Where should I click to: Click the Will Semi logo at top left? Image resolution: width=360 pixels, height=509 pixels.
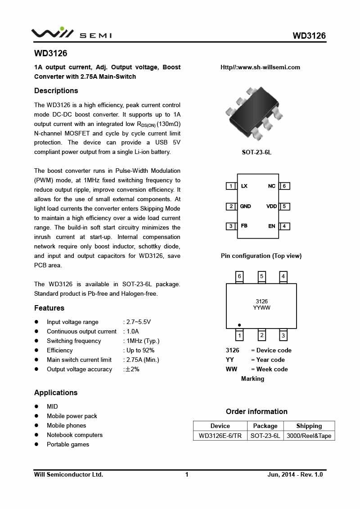pyautogui.click(x=71, y=34)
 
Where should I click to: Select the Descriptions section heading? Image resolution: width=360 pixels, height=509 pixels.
pyautogui.click(x=56, y=91)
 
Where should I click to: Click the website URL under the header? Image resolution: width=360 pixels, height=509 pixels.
pyautogui.click(x=260, y=68)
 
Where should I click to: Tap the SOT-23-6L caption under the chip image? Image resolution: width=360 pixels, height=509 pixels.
pyautogui.click(x=256, y=152)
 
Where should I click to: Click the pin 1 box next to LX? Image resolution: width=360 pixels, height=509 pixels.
pyautogui.click(x=231, y=186)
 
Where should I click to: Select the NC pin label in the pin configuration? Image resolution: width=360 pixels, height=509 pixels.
pyautogui.click(x=272, y=186)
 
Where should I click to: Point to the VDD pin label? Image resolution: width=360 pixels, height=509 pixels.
pyautogui.click(x=271, y=206)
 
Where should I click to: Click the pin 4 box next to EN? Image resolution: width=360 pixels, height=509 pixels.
pyautogui.click(x=284, y=226)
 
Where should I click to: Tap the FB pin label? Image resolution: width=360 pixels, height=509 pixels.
pyautogui.click(x=244, y=225)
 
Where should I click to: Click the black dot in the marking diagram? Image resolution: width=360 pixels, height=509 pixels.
pyautogui.click(x=239, y=324)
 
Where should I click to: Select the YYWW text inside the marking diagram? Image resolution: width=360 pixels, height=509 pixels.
pyautogui.click(x=261, y=308)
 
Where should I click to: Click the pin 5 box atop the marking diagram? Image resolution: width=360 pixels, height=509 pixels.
pyautogui.click(x=261, y=276)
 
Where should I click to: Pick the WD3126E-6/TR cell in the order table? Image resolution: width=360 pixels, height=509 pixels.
pyautogui.click(x=220, y=436)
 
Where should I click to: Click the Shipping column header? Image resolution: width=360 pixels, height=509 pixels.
pyautogui.click(x=309, y=426)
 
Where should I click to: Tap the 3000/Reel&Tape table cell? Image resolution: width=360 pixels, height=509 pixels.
pyautogui.click(x=309, y=436)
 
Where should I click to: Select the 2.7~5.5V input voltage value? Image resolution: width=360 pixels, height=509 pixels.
pyautogui.click(x=137, y=322)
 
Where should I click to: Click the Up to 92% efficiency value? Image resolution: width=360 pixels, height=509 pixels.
pyautogui.click(x=139, y=350)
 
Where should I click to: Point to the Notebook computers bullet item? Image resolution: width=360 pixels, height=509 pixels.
pyautogui.click(x=75, y=435)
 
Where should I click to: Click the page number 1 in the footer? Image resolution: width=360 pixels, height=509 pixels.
pyautogui.click(x=187, y=474)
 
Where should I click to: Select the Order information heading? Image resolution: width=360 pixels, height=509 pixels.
pyautogui.click(x=256, y=411)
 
